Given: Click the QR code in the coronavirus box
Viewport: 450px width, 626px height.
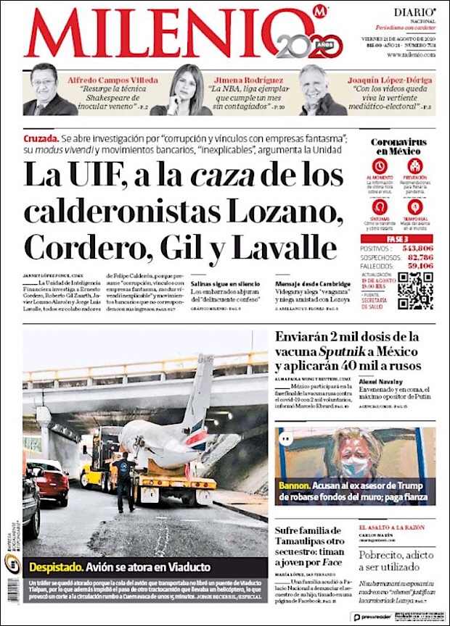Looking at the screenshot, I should coord(416,291).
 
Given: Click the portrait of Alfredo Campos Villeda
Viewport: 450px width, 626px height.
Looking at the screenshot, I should coord(45,91).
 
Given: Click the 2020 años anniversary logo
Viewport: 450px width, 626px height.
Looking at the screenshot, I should coord(309,45).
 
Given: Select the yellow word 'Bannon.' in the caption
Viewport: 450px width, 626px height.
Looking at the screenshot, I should coord(294,486).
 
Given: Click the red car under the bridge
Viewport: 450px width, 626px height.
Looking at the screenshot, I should coord(49,482).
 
